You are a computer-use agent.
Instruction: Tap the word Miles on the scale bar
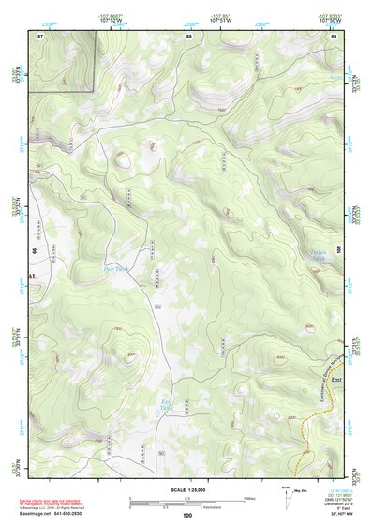[x=249, y=498]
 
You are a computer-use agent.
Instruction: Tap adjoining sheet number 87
[x=40, y=36]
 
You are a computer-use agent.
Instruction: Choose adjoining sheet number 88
[x=189, y=36]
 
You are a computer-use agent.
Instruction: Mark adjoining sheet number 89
[x=334, y=36]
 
